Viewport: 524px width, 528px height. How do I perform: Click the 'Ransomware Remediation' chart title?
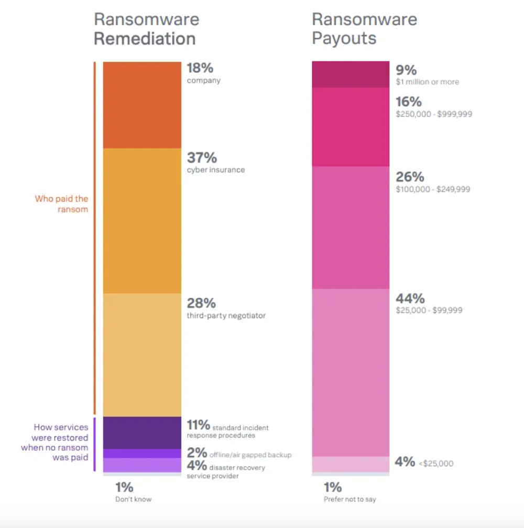click(146, 29)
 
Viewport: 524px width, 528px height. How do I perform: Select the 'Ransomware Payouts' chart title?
click(364, 29)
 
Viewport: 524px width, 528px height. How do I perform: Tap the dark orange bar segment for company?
click(142, 105)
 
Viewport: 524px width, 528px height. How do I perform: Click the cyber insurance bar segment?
click(142, 221)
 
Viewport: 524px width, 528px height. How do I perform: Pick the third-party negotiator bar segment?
click(142, 354)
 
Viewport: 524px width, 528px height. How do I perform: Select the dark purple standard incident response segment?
click(142, 433)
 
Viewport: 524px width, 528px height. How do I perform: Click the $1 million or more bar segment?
click(351, 74)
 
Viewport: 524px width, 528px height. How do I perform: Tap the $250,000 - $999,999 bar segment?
click(351, 126)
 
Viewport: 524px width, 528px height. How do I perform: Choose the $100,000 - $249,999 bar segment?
click(351, 228)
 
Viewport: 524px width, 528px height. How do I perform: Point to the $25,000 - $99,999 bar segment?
click(351, 372)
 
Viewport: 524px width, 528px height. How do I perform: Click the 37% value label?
click(202, 157)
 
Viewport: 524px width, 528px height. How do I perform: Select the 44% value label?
click(410, 298)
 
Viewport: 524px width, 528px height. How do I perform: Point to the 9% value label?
click(406, 70)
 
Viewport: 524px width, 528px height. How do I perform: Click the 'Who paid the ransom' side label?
click(61, 204)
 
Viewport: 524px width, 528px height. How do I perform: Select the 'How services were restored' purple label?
click(54, 443)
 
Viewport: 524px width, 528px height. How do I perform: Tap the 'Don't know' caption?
click(133, 499)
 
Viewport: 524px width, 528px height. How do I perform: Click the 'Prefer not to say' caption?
click(350, 499)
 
